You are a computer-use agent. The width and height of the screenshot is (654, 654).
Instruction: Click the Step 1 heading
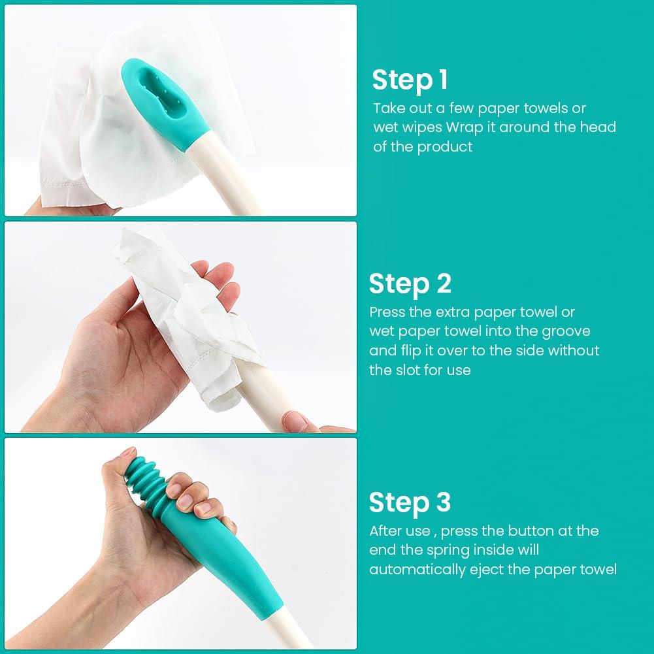(x=410, y=80)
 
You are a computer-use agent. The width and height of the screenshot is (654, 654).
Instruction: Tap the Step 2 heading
(x=410, y=284)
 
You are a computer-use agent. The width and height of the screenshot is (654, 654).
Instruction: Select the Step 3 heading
(x=410, y=502)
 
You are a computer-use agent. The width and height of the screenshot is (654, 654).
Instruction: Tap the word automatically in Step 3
(x=417, y=570)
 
